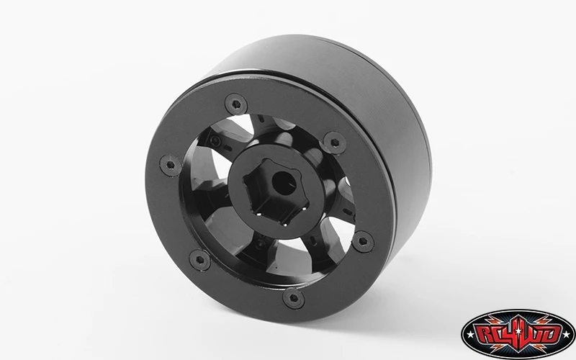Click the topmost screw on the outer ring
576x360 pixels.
[x=236, y=104]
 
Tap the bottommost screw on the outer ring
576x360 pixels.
[x=294, y=298]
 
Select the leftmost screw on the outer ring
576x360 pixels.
[x=171, y=166]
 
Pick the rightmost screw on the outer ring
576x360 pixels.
[x=363, y=241]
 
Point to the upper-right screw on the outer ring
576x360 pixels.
[x=335, y=143]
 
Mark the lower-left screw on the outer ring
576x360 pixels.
[x=200, y=260]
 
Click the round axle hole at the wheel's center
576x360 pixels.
[x=284, y=184]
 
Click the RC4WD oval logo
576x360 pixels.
[x=518, y=334]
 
